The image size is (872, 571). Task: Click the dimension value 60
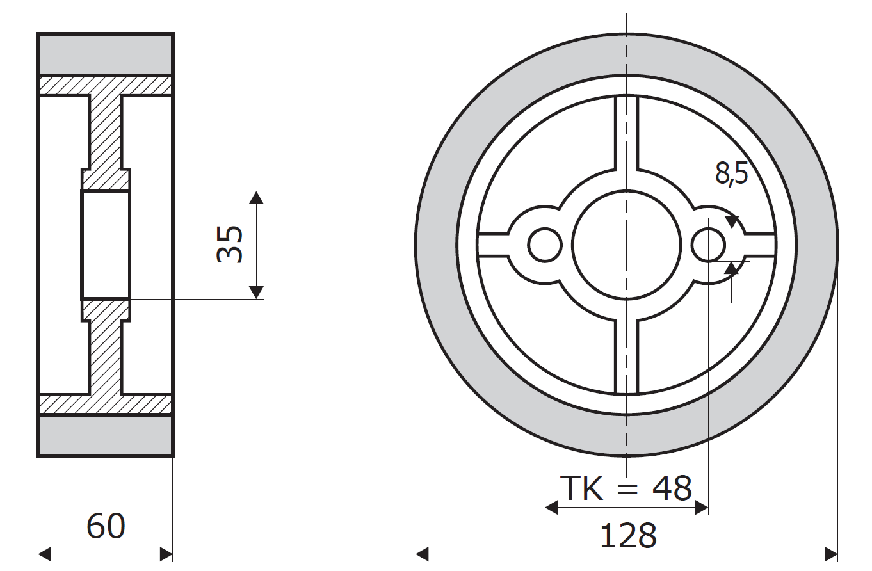coord(106,526)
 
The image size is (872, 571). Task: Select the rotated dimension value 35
coord(230,245)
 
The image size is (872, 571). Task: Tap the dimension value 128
coord(627,536)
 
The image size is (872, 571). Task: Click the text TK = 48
coord(626,488)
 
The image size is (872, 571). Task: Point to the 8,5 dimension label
coord(731,173)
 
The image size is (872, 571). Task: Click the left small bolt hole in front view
coord(545,245)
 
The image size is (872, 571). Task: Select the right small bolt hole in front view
coord(708,245)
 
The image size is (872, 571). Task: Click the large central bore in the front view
coord(626,245)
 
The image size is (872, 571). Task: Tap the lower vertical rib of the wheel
coord(627,355)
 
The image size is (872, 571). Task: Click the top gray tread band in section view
coord(106,54)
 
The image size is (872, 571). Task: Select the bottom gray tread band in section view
coord(106,435)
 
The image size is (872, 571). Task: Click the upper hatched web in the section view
coord(105,134)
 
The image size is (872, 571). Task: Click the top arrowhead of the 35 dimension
coord(256,197)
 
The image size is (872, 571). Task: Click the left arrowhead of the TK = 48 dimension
coord(551,508)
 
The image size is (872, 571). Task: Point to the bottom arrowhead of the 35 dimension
coord(256,293)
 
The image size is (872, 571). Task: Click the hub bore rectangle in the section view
coord(105,245)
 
